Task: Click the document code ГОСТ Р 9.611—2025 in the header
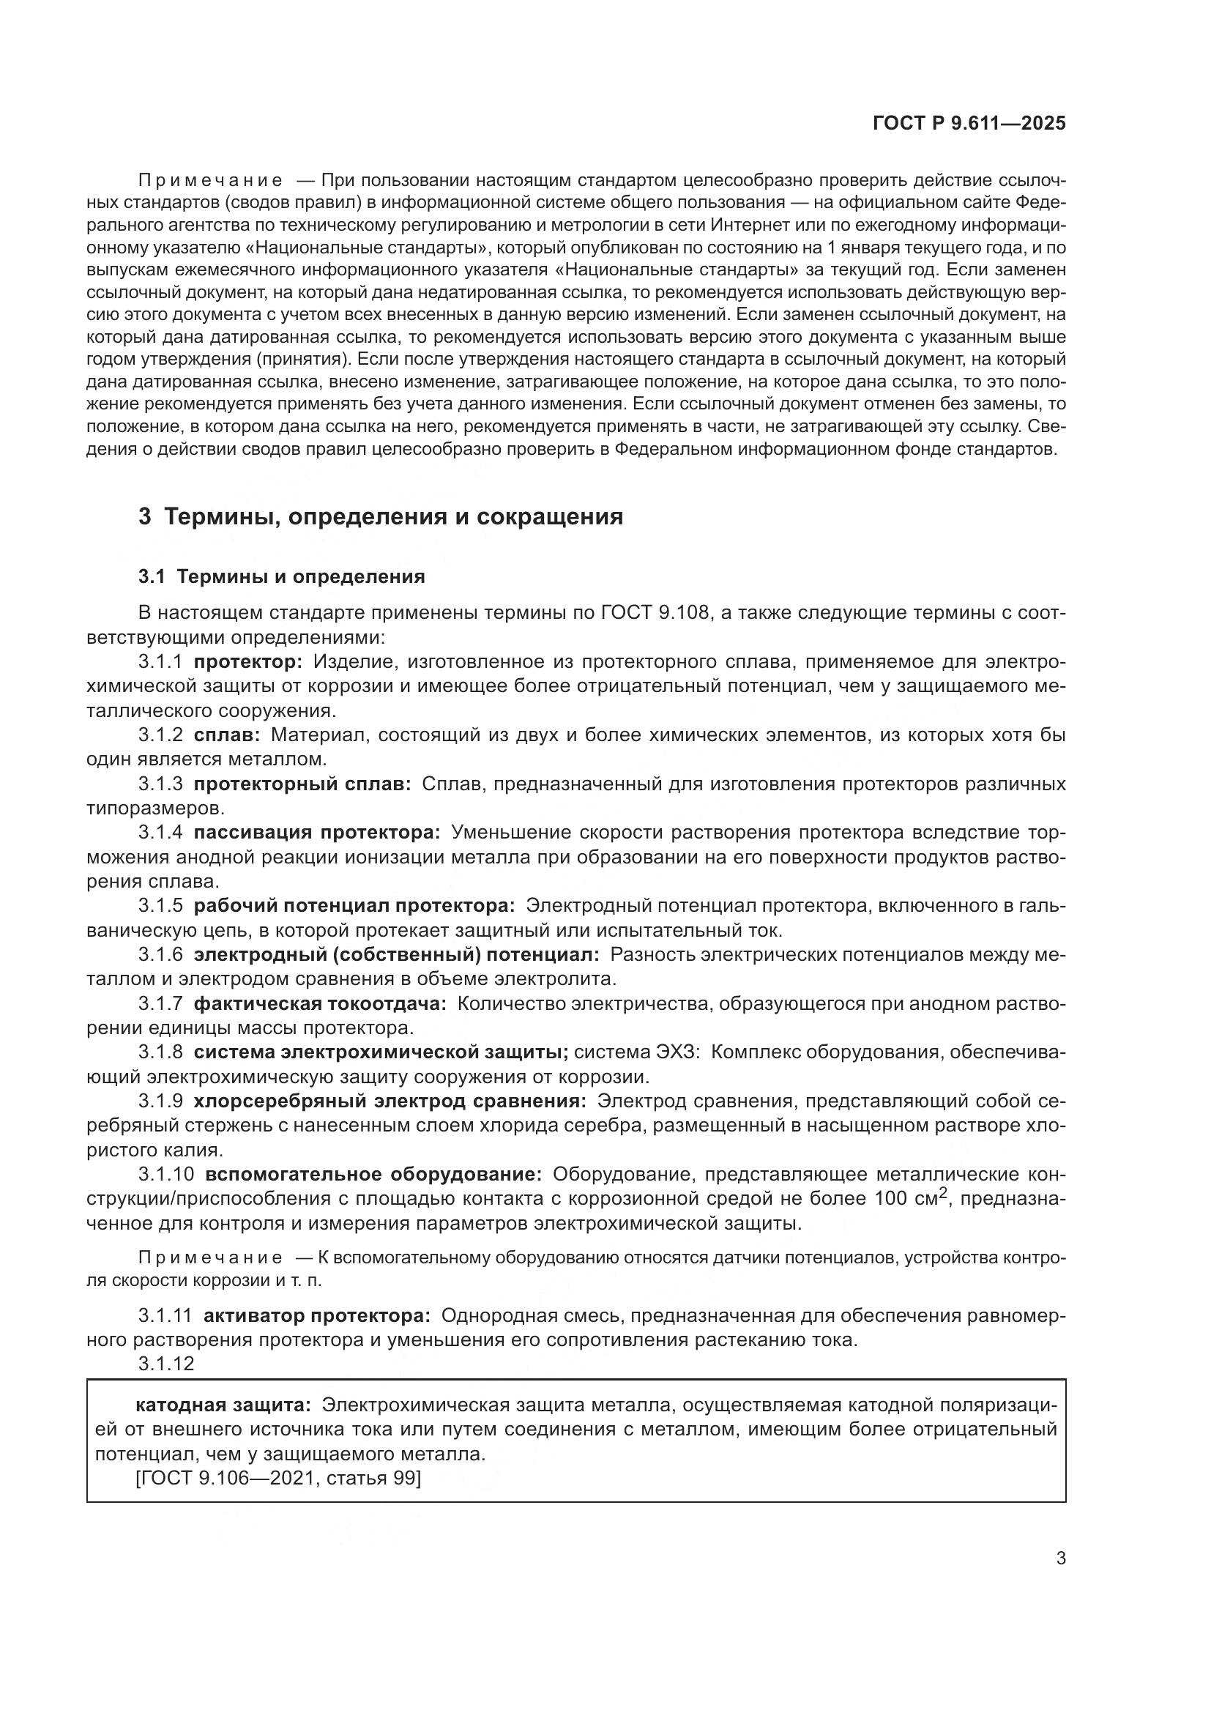point(969,123)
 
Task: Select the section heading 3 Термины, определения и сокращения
point(380,516)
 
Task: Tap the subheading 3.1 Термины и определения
point(281,576)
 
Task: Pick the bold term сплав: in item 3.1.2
point(227,735)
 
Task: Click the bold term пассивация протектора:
point(317,833)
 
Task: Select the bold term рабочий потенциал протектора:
point(354,906)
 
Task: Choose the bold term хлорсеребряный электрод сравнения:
point(390,1101)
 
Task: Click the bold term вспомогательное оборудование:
point(373,1174)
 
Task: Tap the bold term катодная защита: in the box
point(223,1405)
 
